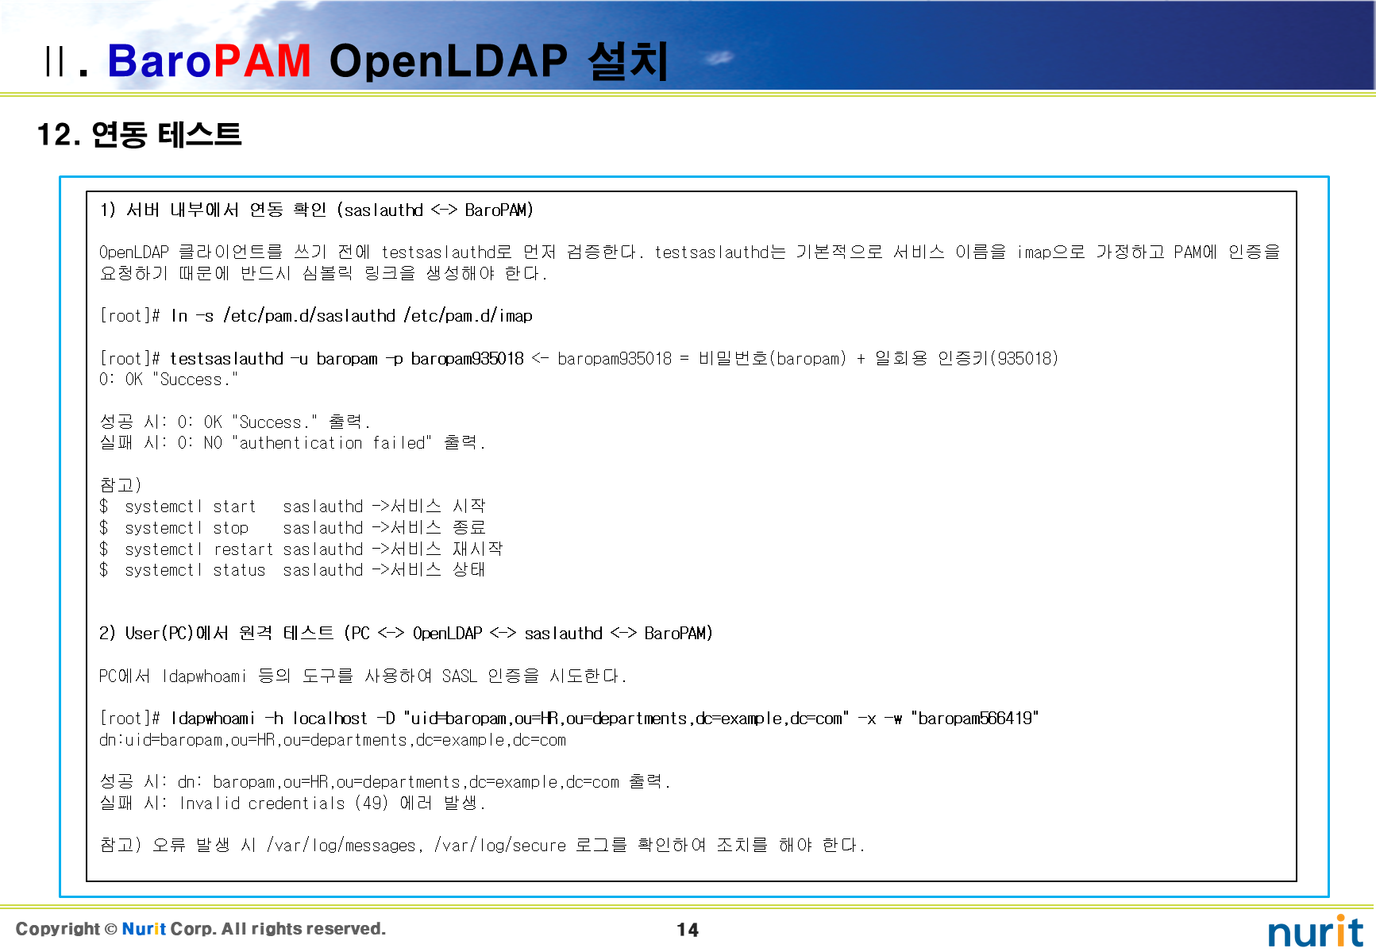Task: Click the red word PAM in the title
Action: click(x=261, y=60)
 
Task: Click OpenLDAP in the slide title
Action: click(x=449, y=60)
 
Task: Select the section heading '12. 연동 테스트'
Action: click(x=139, y=134)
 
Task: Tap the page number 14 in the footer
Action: click(x=688, y=930)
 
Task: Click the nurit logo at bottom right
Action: click(x=1315, y=931)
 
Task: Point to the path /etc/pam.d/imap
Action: click(x=468, y=316)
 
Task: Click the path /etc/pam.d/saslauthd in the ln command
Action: click(x=309, y=316)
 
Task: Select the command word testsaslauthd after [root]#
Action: click(x=226, y=358)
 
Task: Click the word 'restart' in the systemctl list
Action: click(x=243, y=549)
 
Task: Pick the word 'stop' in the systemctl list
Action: click(x=231, y=528)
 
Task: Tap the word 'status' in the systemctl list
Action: click(x=239, y=570)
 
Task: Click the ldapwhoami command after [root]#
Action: click(x=213, y=719)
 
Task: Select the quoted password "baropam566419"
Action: click(x=975, y=719)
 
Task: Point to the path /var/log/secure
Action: click(x=500, y=846)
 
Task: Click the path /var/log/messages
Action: click(x=342, y=846)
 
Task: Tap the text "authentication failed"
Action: click(x=332, y=443)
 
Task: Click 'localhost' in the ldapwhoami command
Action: click(x=330, y=719)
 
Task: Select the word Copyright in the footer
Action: click(x=58, y=929)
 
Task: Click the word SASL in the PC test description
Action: click(x=460, y=676)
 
